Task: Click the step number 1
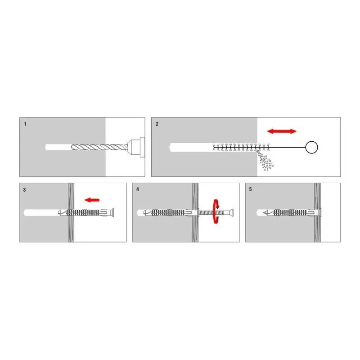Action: coord(25,124)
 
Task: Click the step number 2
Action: coord(157,124)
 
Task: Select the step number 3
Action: coord(25,190)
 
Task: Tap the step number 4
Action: coord(138,189)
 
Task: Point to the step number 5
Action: coord(251,189)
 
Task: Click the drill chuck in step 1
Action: coord(136,147)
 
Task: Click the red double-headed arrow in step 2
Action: coord(282,131)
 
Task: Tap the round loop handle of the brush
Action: coord(311,147)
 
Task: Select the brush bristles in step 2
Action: coord(241,148)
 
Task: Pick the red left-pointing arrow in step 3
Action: coord(92,200)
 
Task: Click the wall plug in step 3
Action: coord(86,212)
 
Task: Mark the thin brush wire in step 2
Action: coord(288,148)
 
